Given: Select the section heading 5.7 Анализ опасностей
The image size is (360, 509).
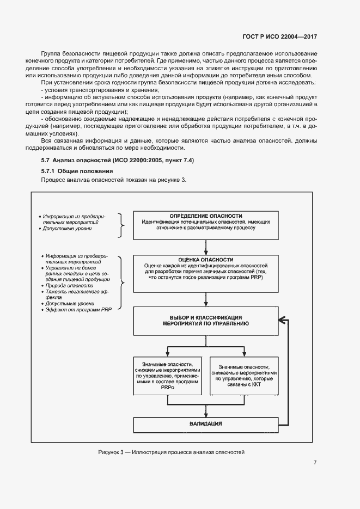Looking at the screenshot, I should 117,161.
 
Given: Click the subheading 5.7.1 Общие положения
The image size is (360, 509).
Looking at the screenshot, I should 77,171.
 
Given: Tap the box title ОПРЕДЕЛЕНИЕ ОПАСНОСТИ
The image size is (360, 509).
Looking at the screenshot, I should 206,216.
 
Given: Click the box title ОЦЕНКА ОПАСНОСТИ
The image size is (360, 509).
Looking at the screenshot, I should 206,260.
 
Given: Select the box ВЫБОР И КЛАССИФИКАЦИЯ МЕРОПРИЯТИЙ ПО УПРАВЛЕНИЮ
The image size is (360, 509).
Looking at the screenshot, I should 206,320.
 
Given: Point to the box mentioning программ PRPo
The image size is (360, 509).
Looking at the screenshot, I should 167,376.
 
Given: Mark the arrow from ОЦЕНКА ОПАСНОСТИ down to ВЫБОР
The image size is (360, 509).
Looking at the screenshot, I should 206,299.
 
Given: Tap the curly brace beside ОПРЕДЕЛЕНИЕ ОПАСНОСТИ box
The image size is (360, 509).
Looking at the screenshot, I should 123,225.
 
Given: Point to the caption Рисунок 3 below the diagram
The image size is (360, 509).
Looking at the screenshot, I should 171,452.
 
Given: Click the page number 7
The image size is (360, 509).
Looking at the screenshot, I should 315,463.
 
